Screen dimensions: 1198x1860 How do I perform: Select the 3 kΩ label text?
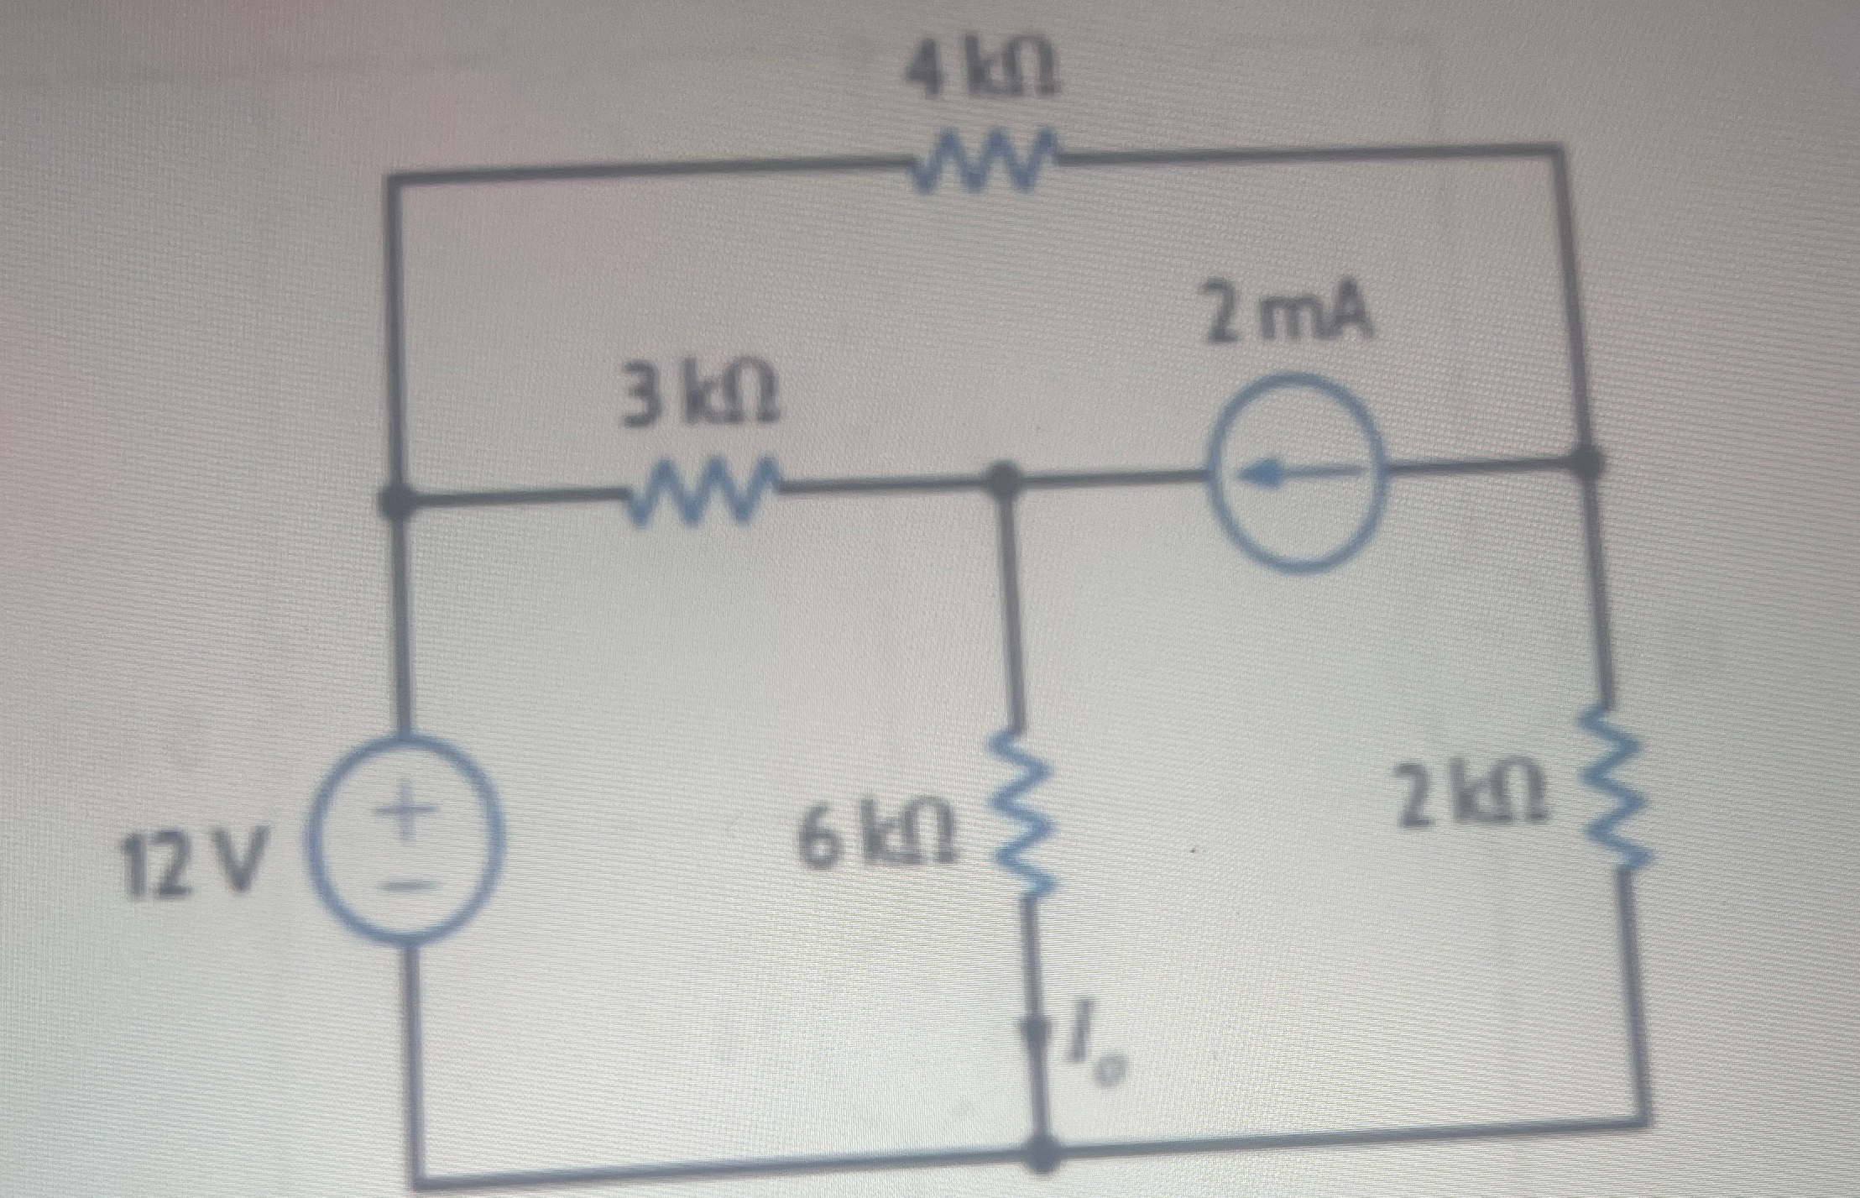(697, 400)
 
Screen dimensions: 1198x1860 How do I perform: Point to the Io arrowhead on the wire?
(1037, 1034)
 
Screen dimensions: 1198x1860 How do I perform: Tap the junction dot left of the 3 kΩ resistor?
(394, 503)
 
